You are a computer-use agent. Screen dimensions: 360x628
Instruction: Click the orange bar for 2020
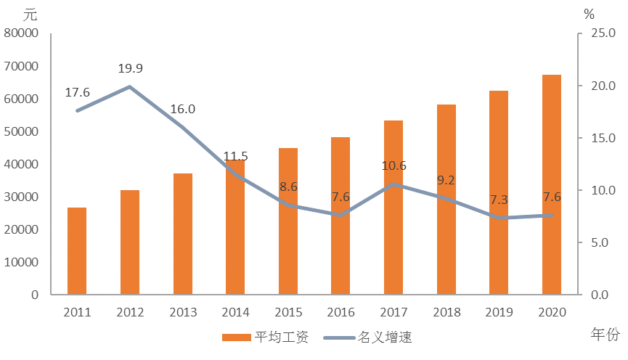coord(552,184)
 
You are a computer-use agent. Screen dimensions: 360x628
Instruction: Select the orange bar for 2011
coord(77,251)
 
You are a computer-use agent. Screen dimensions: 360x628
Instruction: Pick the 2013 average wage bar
coord(182,234)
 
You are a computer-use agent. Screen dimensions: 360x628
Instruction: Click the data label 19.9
coord(130,69)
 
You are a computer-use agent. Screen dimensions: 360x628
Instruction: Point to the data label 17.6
coord(77,92)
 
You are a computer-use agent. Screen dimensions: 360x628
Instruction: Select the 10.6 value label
coord(393,165)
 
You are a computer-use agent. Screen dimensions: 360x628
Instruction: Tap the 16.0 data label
coord(182,110)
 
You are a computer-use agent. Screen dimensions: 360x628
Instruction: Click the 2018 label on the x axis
coord(446,312)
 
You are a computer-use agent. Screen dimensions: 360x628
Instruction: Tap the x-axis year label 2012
coord(130,312)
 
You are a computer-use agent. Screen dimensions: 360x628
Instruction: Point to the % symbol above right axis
coord(589,13)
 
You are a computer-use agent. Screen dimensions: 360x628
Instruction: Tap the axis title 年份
coord(605,335)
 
